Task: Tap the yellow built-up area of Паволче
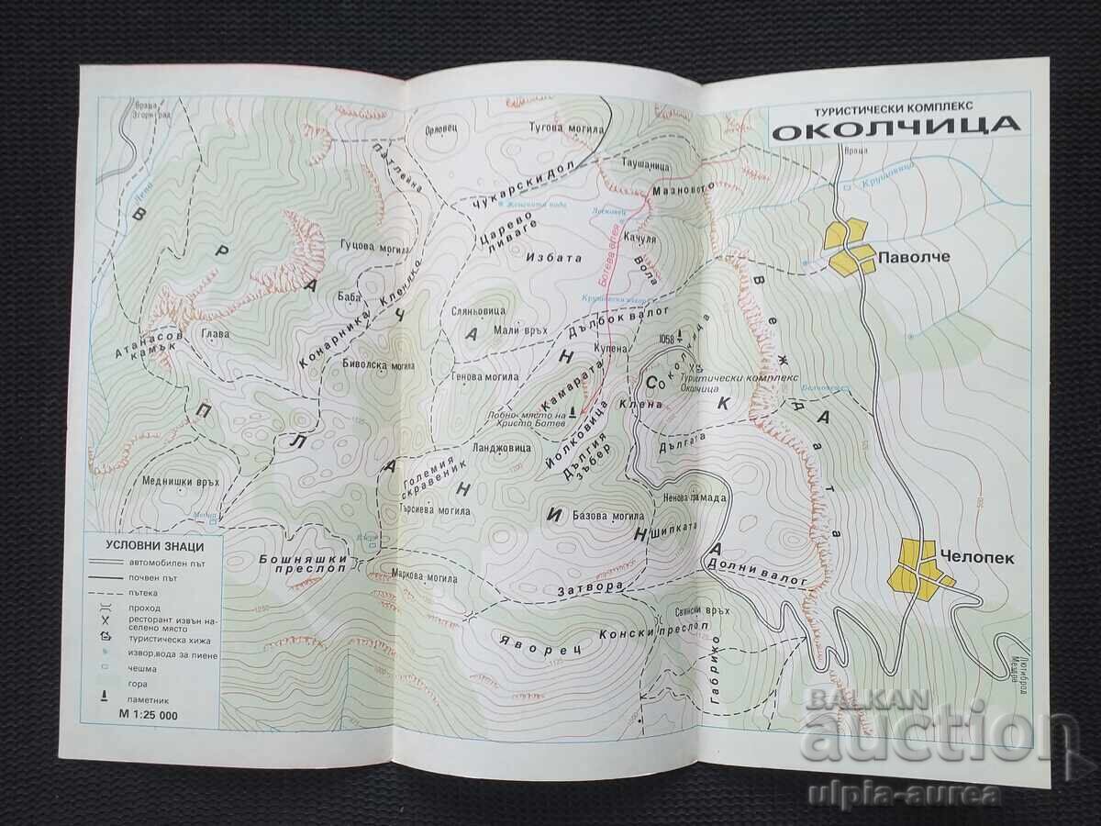[851, 246]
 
